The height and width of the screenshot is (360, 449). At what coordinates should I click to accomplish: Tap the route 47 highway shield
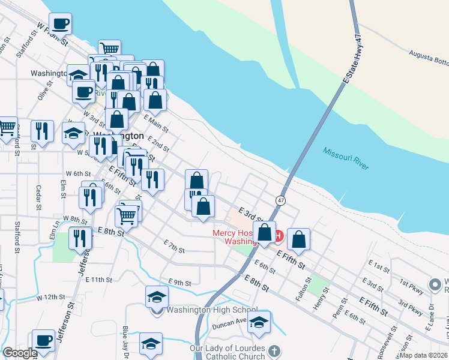pos(280,199)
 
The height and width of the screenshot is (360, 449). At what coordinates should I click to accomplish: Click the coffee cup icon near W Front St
pos(60,25)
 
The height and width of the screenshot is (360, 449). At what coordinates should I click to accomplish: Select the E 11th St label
pos(99,280)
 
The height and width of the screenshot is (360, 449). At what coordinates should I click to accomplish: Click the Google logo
pos(20,353)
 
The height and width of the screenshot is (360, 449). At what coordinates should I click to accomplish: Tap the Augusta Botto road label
pos(429,57)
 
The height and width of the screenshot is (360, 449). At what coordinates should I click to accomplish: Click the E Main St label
pos(155,123)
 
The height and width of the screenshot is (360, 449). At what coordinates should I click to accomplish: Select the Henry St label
pos(318,298)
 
